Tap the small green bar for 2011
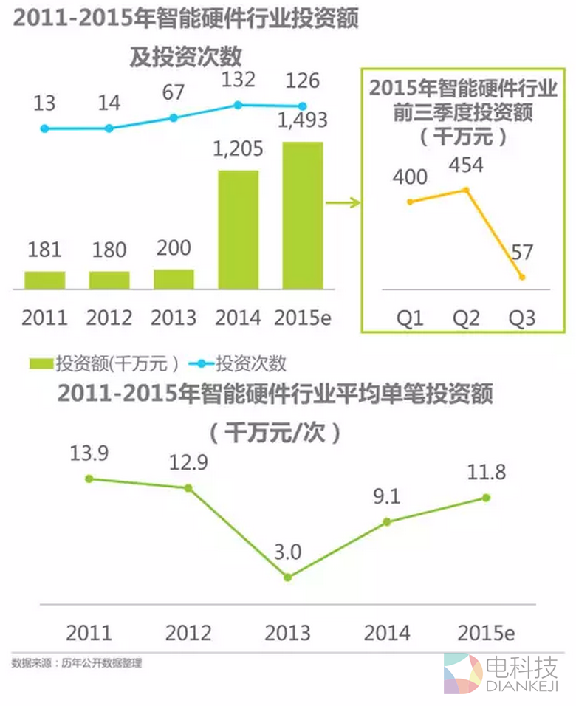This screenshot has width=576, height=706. pyautogui.click(x=44, y=280)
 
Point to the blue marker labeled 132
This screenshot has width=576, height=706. pyautogui.click(x=238, y=105)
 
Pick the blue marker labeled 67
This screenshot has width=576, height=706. pyautogui.click(x=174, y=117)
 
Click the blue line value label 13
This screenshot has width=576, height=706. pyautogui.click(x=44, y=103)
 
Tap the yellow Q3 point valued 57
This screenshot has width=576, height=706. pyautogui.click(x=522, y=277)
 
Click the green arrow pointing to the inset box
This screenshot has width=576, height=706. pyautogui.click(x=342, y=199)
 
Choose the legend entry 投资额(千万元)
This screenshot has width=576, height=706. pyautogui.click(x=103, y=363)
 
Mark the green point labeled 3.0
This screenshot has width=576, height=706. pyautogui.click(x=288, y=577)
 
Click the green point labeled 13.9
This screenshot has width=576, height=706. pyautogui.click(x=89, y=479)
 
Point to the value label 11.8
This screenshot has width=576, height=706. pyautogui.click(x=487, y=472)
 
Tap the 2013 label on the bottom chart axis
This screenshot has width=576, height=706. pyautogui.click(x=288, y=633)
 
